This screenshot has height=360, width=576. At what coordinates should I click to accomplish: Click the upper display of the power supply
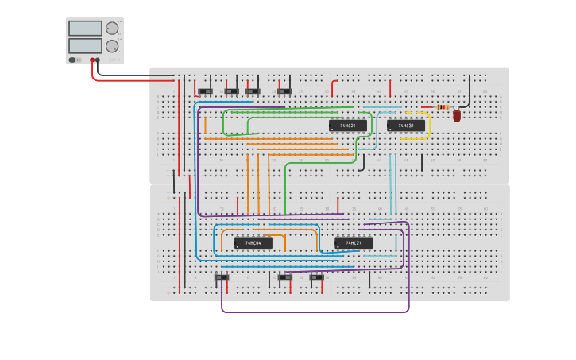pos(85,28)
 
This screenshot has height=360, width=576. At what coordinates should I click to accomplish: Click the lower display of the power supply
pos(85,45)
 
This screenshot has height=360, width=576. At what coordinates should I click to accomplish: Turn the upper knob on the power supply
pos(112,28)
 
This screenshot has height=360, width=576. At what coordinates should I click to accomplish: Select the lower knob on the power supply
pos(112,45)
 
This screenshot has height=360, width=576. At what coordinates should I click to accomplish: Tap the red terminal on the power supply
pos(92,60)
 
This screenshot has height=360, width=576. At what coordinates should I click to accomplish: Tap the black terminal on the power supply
pos(98,60)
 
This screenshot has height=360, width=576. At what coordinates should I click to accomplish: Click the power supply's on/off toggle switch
pos(73,60)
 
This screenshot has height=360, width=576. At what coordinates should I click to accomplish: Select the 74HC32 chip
pos(406,126)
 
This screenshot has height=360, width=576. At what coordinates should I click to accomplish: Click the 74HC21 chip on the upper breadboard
pos(348,126)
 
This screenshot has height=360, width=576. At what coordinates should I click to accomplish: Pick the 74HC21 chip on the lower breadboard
pos(354,242)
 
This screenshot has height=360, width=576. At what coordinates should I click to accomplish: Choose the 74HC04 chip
pos(253,242)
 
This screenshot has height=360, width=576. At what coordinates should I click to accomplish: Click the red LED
pos(457,116)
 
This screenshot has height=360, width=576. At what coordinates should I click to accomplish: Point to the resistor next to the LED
pos(443,106)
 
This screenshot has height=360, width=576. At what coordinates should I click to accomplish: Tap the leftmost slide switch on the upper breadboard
pos(206,91)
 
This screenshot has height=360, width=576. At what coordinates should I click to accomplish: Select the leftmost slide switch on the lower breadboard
pos(222,277)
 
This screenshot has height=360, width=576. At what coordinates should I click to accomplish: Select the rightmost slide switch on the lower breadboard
pos(317,277)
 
